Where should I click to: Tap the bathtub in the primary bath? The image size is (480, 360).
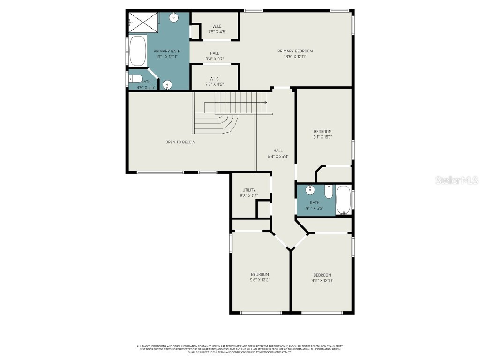pyautogui.click(x=137, y=51)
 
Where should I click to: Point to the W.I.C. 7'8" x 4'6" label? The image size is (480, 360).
pyautogui.click(x=217, y=29)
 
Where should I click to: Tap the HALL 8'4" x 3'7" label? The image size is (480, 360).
pyautogui.click(x=215, y=56)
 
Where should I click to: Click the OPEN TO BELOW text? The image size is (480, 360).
pyautogui.click(x=180, y=142)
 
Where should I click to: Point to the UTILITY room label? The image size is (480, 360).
pyautogui.click(x=249, y=193)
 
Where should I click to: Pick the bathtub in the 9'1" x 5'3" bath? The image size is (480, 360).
pyautogui.click(x=343, y=200)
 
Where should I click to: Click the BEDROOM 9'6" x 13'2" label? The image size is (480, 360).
pyautogui.click(x=260, y=277)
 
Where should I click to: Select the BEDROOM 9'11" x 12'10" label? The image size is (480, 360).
pyautogui.click(x=322, y=278)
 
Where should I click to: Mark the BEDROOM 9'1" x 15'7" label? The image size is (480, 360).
pyautogui.click(x=322, y=135)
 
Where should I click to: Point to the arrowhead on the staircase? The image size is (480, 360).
pyautogui.click(x=265, y=102)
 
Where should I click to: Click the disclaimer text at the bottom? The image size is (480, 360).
pyautogui.click(x=240, y=349)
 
